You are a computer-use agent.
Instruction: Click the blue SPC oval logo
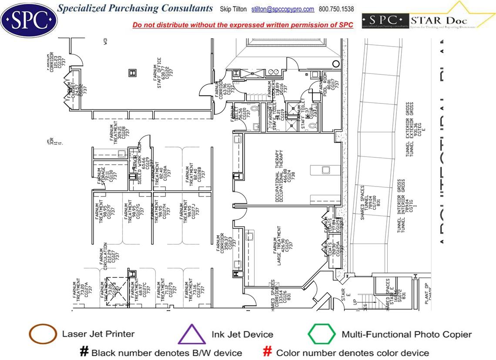click(29, 20)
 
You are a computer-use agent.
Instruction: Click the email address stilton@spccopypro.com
click(282, 9)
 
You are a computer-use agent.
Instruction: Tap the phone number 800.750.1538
click(336, 9)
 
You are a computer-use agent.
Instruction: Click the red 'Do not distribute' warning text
click(243, 25)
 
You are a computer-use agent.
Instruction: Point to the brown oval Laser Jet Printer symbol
click(43, 334)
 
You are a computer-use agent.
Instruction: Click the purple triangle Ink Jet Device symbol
click(192, 335)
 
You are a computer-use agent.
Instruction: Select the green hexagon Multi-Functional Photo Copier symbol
click(322, 334)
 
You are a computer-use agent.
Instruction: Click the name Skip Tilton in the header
click(233, 9)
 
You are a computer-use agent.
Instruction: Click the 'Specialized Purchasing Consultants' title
click(135, 8)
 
